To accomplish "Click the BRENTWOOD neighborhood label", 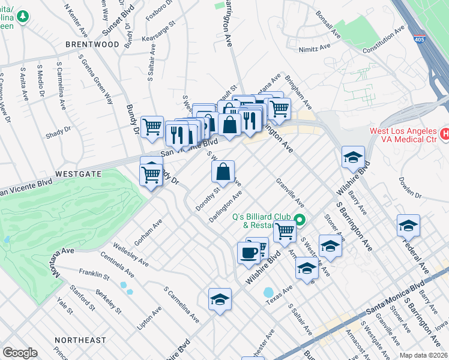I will pos(92,44).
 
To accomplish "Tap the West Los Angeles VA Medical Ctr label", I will pos(405,136).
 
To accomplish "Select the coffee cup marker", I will pos(249,252).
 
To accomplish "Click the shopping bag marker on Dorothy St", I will pos(223,172).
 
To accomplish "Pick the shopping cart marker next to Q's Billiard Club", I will pos(285,230).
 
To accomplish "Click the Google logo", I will pos(20,353).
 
